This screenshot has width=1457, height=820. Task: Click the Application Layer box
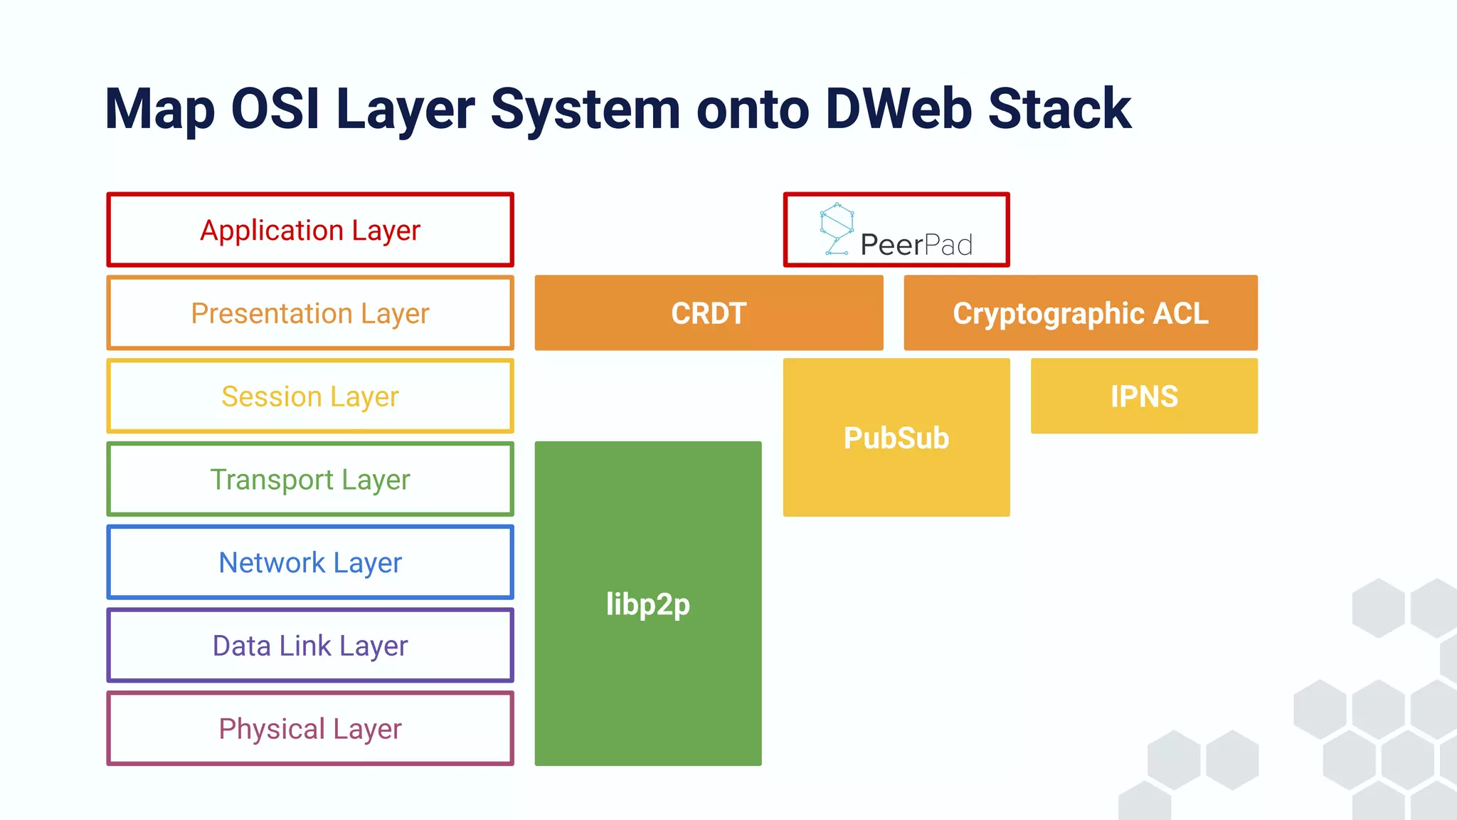pyautogui.click(x=310, y=230)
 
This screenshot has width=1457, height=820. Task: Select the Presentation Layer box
pyautogui.click(x=310, y=313)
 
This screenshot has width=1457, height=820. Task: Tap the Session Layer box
pyautogui.click(x=310, y=396)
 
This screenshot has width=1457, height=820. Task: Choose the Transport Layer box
pyautogui.click(x=310, y=479)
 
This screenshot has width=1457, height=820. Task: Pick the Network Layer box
pyautogui.click(x=310, y=562)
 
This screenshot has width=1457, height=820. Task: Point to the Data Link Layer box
pyautogui.click(x=310, y=646)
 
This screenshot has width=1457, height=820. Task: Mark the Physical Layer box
pyautogui.click(x=310, y=729)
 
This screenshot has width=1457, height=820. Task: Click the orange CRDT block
pyautogui.click(x=709, y=313)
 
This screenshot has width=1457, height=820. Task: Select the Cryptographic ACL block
pyautogui.click(x=1080, y=313)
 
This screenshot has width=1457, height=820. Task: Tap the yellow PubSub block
pyautogui.click(x=896, y=438)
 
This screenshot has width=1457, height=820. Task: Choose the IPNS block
pyautogui.click(x=1144, y=396)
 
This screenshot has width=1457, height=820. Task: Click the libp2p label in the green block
pyautogui.click(x=647, y=604)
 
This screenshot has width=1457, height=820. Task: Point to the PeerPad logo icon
pyautogui.click(x=837, y=228)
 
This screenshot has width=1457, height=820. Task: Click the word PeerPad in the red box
pyautogui.click(x=916, y=245)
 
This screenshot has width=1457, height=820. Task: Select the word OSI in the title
pyautogui.click(x=275, y=109)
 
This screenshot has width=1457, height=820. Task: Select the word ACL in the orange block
pyautogui.click(x=1180, y=313)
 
